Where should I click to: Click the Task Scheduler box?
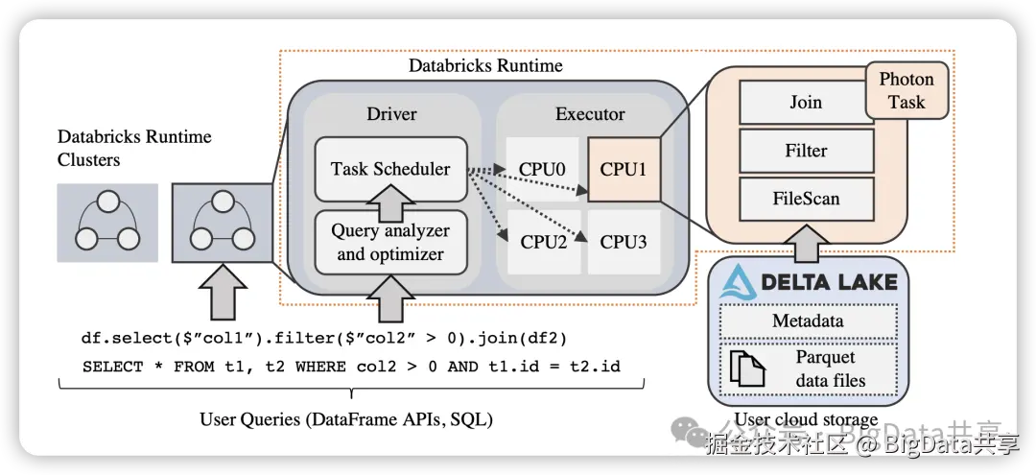pos(390,169)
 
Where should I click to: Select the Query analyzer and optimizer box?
pos(390,242)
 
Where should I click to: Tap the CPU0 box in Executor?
pos(542,170)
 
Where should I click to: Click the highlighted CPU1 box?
pos(624,170)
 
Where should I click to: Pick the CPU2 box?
pos(542,242)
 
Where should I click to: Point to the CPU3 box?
pos(624,242)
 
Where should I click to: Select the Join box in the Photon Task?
pos(806,103)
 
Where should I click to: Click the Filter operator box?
pos(806,151)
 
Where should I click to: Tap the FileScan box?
pos(806,199)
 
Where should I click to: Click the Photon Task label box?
pos(906,91)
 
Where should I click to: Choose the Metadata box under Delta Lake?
pos(808,321)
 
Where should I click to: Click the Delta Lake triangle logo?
pos(739,281)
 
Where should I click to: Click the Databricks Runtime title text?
pos(485,66)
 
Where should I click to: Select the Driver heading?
pos(391,114)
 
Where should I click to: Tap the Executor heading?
pos(590,114)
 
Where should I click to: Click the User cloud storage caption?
pos(806,419)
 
